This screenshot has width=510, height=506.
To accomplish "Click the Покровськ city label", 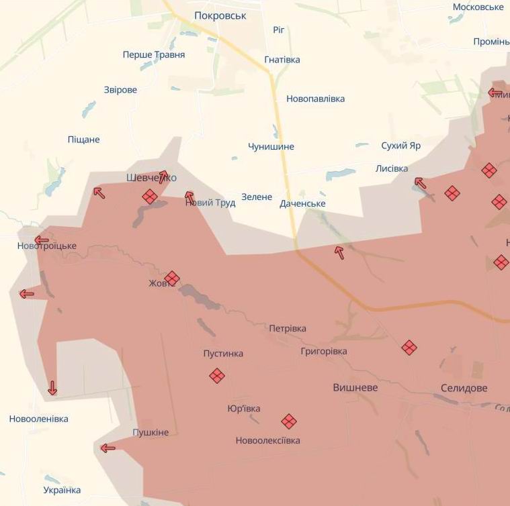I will [220, 15].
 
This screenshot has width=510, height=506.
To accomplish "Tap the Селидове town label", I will [464, 388].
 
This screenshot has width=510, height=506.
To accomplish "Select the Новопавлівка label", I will [315, 99].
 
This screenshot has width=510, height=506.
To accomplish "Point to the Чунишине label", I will [271, 146].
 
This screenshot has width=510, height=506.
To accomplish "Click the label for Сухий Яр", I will [400, 145].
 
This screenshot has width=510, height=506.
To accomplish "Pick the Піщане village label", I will [83, 140].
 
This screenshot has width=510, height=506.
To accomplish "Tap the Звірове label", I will [120, 90].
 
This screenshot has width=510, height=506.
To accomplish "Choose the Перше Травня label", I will [153, 55].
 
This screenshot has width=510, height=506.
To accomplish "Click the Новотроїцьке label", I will [47, 246].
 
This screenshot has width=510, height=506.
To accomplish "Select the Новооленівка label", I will [38, 419].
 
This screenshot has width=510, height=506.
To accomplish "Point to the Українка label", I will [62, 490].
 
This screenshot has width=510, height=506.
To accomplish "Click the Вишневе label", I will [355, 388].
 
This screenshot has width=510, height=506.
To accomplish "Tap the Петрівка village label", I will [288, 328].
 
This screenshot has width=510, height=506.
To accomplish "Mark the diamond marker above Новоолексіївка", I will [289, 421].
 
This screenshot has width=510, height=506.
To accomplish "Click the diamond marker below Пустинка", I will [216, 376].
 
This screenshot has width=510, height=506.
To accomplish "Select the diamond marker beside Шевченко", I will [150, 197].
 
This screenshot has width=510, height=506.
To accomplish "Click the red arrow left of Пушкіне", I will [108, 448].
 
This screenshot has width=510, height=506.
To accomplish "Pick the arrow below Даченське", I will [339, 252].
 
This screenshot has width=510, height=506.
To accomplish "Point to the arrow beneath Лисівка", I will [420, 183].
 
